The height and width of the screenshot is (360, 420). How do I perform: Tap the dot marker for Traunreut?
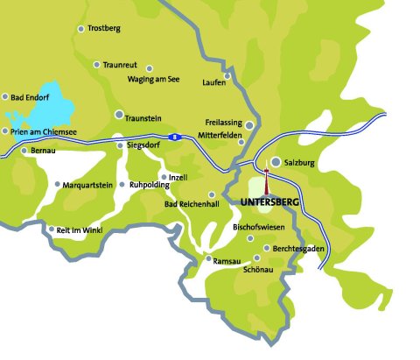click(x=96, y=64)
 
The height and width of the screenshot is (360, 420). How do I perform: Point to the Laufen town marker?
click(x=227, y=76)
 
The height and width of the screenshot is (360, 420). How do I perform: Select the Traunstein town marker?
click(x=119, y=115)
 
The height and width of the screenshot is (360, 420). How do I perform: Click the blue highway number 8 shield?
click(x=176, y=137)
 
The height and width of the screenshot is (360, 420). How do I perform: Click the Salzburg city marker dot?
click(x=276, y=162)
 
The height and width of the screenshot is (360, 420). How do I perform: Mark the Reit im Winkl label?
click(x=80, y=229)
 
